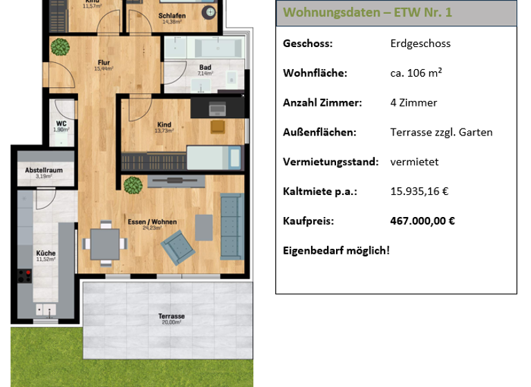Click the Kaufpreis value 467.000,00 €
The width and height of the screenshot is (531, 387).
(422, 221)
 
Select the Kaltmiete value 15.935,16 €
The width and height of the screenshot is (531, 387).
(419, 191)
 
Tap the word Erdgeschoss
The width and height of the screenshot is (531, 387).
(420, 44)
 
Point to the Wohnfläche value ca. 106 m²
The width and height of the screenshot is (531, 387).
(416, 73)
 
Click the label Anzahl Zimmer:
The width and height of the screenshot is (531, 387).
(322, 103)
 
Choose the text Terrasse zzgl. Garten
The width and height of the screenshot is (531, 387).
(441, 132)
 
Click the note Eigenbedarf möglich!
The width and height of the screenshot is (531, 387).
(336, 249)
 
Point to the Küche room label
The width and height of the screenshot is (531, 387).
(46, 254)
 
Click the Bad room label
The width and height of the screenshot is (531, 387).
(205, 68)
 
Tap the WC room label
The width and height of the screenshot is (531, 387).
(61, 124)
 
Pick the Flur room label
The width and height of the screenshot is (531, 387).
(103, 64)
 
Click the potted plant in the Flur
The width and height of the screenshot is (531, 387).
(60, 47)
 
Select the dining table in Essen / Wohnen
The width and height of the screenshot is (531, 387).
(104, 243)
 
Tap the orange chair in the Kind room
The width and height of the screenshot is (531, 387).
(218, 127)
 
